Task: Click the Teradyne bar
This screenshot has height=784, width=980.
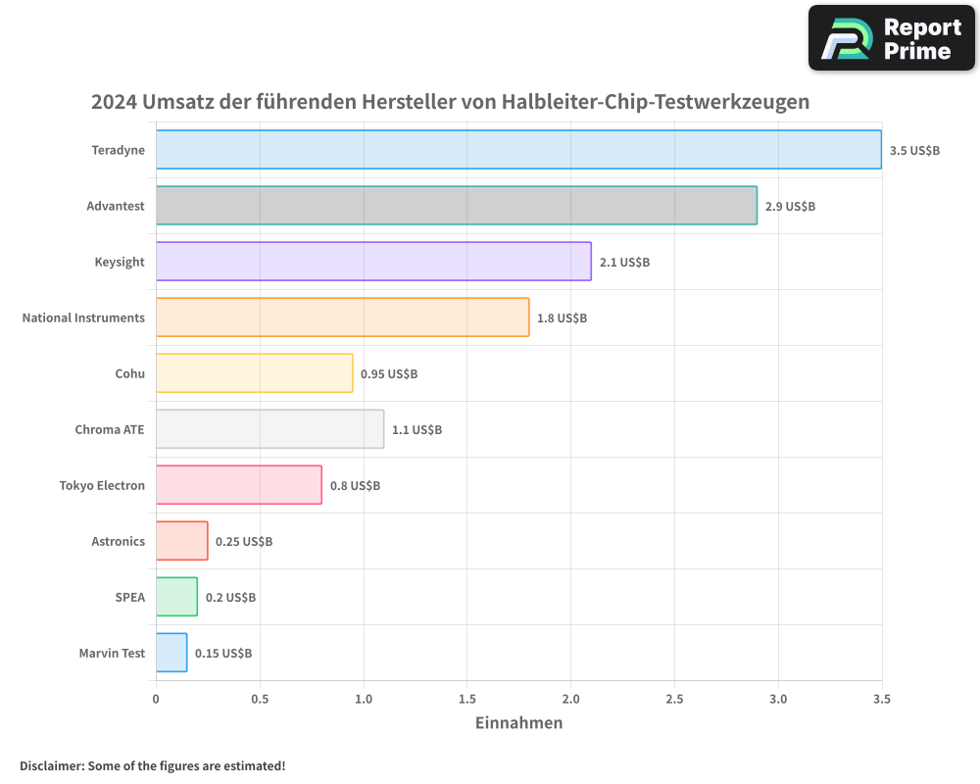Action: click(518, 150)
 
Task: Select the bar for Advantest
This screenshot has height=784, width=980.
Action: click(456, 206)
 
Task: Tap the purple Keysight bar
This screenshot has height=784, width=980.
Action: click(373, 262)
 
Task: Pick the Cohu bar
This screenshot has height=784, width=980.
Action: click(254, 373)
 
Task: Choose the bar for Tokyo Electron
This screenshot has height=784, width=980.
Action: click(238, 485)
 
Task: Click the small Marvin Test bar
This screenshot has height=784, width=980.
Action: click(171, 653)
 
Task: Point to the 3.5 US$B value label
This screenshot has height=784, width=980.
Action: click(914, 151)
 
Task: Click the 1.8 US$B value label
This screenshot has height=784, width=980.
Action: click(562, 318)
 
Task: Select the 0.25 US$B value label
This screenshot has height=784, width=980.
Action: click(244, 542)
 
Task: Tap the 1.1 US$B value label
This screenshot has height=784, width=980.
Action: click(416, 430)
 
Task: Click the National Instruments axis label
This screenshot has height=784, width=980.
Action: click(83, 318)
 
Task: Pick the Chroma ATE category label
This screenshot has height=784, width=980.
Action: click(110, 430)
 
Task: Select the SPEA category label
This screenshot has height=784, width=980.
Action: click(130, 597)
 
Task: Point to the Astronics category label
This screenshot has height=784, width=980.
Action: click(118, 542)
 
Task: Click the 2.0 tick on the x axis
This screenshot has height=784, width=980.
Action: click(570, 700)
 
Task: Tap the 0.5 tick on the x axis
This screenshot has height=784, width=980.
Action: click(260, 700)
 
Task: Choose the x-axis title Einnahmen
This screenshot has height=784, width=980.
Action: click(518, 723)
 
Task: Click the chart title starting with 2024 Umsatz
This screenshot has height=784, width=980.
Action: click(451, 102)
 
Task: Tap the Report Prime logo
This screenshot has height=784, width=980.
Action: click(892, 38)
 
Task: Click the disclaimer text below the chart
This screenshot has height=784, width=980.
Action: click(152, 765)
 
